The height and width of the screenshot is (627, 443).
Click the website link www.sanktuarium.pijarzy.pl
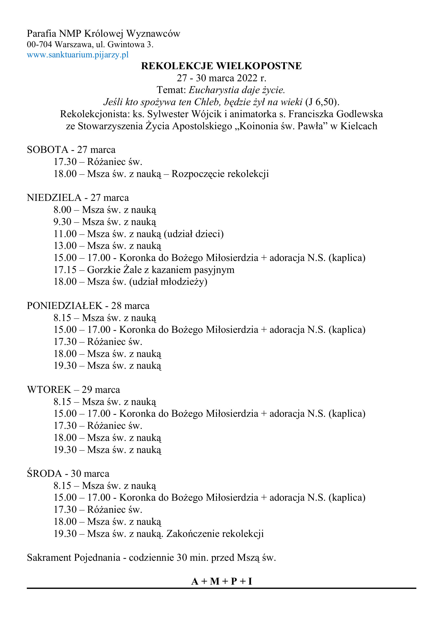coord(77,55)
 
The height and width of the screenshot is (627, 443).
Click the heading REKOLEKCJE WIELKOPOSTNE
coord(221,66)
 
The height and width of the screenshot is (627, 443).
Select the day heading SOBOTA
coord(47,150)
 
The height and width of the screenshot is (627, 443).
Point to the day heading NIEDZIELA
coord(54,198)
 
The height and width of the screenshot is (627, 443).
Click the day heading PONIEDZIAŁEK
coord(64,305)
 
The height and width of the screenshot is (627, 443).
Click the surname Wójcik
coord(206,114)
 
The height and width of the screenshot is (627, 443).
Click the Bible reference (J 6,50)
coord(322,102)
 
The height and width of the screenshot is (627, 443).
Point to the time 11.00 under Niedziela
coord(65,234)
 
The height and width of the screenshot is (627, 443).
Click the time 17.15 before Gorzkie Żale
coord(65,270)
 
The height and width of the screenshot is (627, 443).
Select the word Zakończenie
coord(192,533)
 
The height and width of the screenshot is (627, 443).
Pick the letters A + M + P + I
coord(221,581)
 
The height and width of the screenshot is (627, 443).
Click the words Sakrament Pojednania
coord(73,557)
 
